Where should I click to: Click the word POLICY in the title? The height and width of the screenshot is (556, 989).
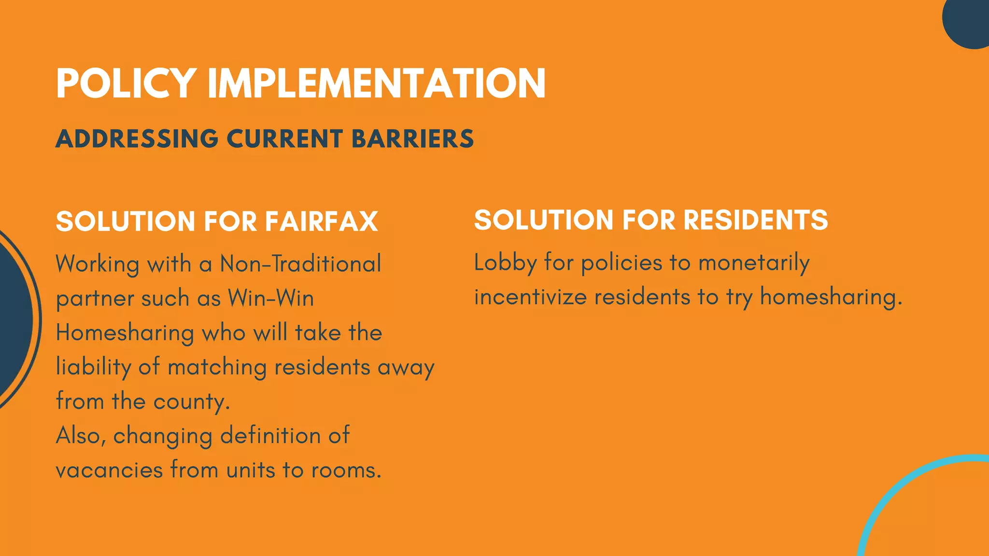pyautogui.click(x=126, y=83)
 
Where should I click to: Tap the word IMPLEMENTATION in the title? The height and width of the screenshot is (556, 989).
pyautogui.click(x=377, y=83)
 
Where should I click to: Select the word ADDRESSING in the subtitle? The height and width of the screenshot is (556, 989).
pyautogui.click(x=137, y=139)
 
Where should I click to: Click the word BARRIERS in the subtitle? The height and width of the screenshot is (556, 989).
pyautogui.click(x=413, y=139)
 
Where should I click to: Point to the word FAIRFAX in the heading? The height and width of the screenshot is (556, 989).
pyautogui.click(x=321, y=222)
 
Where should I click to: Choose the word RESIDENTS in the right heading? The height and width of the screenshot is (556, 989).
pyautogui.click(x=756, y=220)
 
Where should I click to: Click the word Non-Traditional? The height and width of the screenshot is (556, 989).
pyautogui.click(x=300, y=264)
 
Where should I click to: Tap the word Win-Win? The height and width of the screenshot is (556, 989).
pyautogui.click(x=271, y=298)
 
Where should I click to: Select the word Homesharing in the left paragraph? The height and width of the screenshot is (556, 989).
pyautogui.click(x=125, y=333)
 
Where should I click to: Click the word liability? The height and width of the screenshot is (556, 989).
pyautogui.click(x=93, y=367)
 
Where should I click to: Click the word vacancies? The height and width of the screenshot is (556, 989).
pyautogui.click(x=109, y=470)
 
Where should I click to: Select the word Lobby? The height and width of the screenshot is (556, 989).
pyautogui.click(x=505, y=264)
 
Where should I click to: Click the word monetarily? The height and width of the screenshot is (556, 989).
pyautogui.click(x=754, y=264)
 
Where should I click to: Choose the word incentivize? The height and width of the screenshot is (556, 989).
pyautogui.click(x=530, y=297)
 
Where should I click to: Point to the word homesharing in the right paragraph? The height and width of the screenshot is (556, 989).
pyautogui.click(x=831, y=297)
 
